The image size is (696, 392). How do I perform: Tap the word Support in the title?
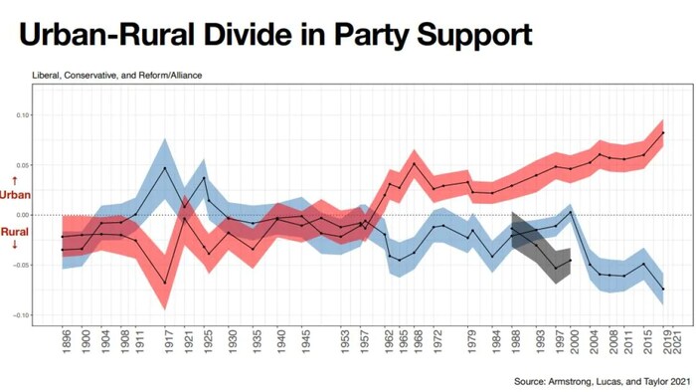[x=466, y=36]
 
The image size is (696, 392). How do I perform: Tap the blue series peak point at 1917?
[x=165, y=167]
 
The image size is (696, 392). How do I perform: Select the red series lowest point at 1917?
[x=165, y=284]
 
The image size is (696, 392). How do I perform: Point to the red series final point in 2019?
[x=662, y=133]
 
